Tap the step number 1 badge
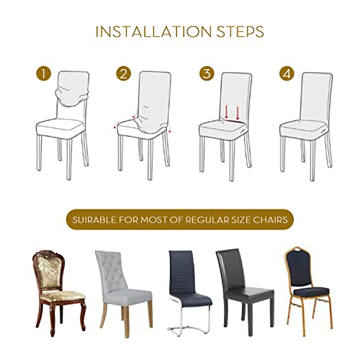pos(45,73)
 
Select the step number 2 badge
pos(124,73)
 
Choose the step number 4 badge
pos(286,73)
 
